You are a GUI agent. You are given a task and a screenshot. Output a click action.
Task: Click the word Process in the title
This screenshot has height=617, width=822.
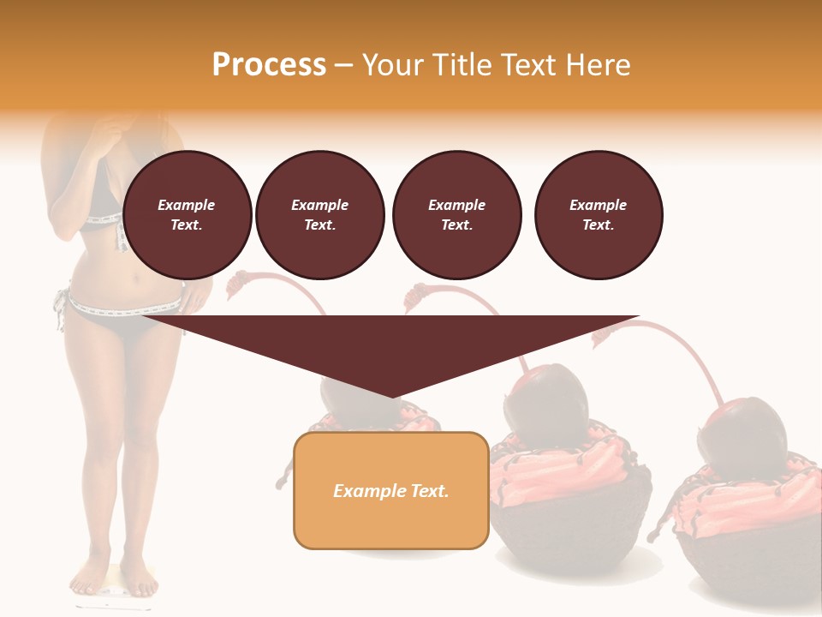[269, 65]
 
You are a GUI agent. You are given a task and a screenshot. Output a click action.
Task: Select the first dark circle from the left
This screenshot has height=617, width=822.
[188, 215]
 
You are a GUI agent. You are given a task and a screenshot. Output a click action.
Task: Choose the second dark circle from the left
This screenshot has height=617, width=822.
[320, 215]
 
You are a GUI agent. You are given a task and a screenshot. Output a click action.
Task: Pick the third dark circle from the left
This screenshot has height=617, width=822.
[457, 215]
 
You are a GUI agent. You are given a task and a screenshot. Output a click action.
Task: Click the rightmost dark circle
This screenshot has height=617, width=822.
[599, 215]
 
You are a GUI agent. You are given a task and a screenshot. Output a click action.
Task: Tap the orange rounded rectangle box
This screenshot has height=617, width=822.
[391, 490]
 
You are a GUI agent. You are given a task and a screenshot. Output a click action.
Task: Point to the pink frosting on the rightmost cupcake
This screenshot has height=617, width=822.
[745, 501]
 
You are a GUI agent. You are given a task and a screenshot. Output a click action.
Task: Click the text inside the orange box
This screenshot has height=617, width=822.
[391, 491]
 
